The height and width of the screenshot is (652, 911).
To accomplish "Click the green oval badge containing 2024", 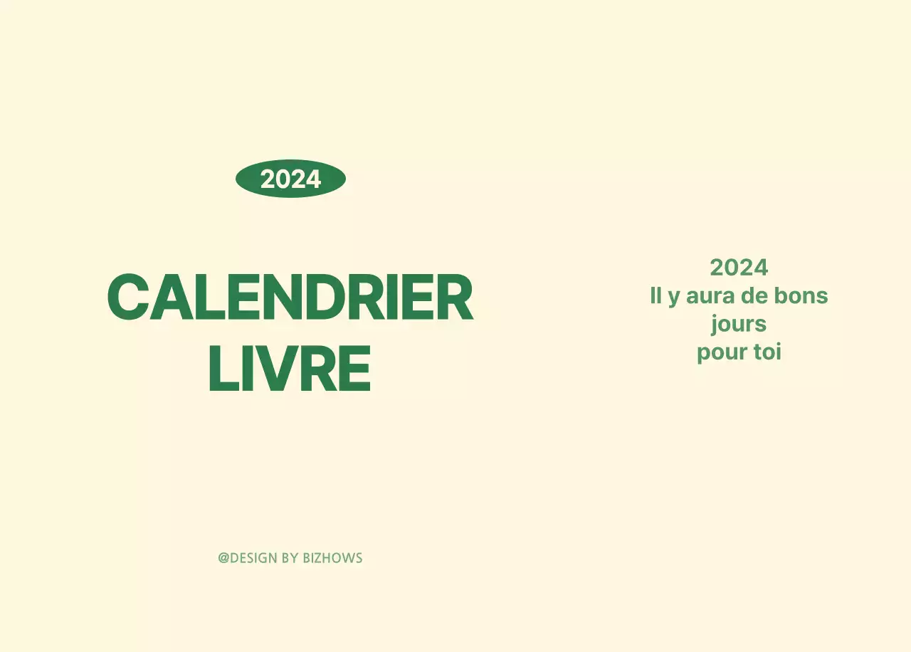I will [290, 179].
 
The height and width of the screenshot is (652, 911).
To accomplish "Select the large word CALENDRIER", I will [290, 298].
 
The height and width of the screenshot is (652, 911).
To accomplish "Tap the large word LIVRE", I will [290, 369].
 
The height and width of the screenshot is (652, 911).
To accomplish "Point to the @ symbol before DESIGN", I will [223, 558].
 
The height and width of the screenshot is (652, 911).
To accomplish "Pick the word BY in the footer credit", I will [290, 558].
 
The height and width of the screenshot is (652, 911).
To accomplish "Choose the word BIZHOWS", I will [332, 558].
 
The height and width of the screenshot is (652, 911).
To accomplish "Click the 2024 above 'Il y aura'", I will [739, 268].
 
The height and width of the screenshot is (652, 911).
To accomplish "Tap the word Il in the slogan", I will [655, 295].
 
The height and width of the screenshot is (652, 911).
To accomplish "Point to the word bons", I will [801, 295].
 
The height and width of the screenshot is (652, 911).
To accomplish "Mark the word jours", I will [739, 325].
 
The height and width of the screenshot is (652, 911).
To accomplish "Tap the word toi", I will [767, 352].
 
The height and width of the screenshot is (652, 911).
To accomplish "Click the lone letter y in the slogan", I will [674, 298].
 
